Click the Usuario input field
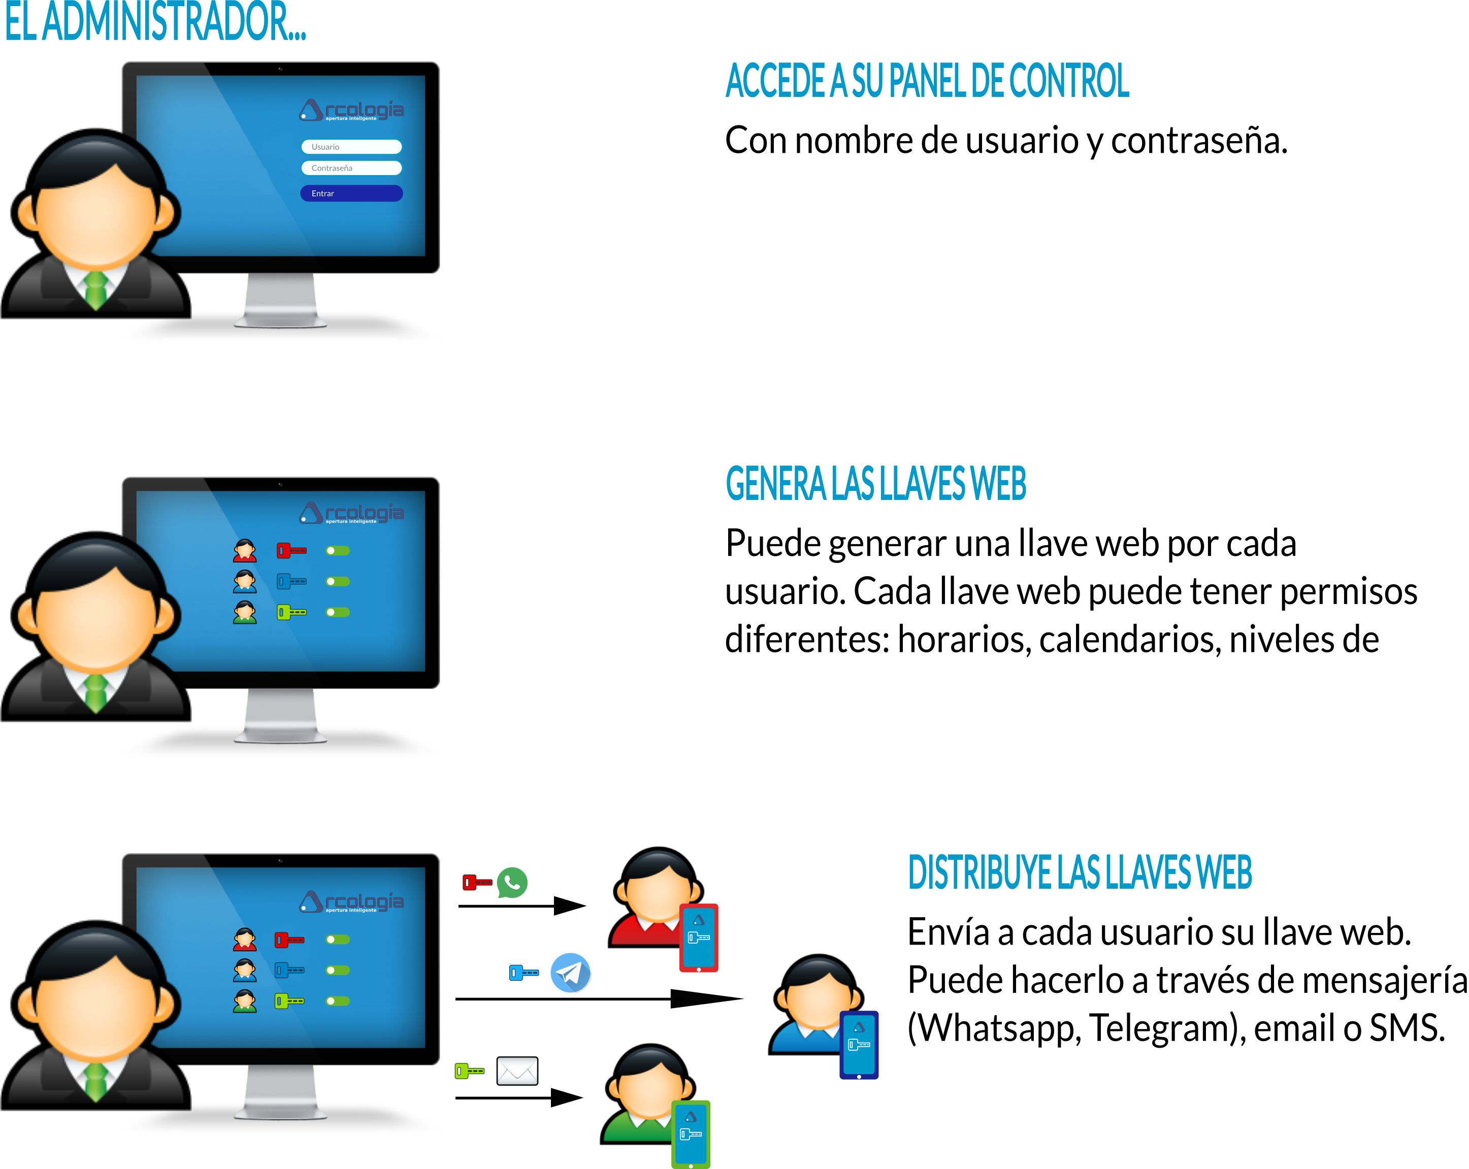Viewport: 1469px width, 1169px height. click(351, 147)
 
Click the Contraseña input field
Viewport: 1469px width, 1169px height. click(351, 168)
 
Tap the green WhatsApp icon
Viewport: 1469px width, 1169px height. click(512, 882)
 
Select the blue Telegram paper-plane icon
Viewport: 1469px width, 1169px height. click(570, 972)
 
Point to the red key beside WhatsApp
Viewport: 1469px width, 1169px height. click(477, 882)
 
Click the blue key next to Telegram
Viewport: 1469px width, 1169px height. click(524, 973)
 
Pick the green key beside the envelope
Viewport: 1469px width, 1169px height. click(469, 1071)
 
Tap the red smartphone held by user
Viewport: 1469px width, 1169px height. click(698, 938)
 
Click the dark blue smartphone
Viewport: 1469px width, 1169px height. click(859, 1045)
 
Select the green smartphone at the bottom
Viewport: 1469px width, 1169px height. click(691, 1134)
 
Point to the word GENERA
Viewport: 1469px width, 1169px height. click(775, 484)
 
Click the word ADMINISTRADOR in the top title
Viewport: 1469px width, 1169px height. click(174, 22)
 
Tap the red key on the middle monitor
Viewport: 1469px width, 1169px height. click(291, 550)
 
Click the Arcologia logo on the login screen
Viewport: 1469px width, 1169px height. click(351, 110)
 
